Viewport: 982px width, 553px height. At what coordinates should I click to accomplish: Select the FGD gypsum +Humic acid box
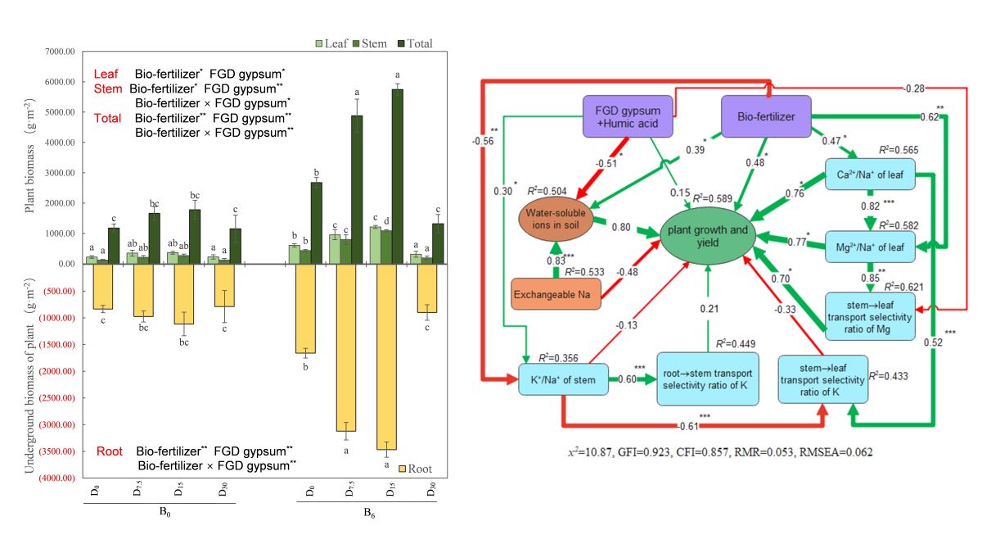(628, 116)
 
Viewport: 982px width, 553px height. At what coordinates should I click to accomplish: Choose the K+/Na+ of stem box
(563, 378)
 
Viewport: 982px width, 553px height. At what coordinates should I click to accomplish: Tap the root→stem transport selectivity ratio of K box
(708, 378)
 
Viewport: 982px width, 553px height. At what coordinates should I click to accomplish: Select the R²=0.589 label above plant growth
(712, 197)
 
